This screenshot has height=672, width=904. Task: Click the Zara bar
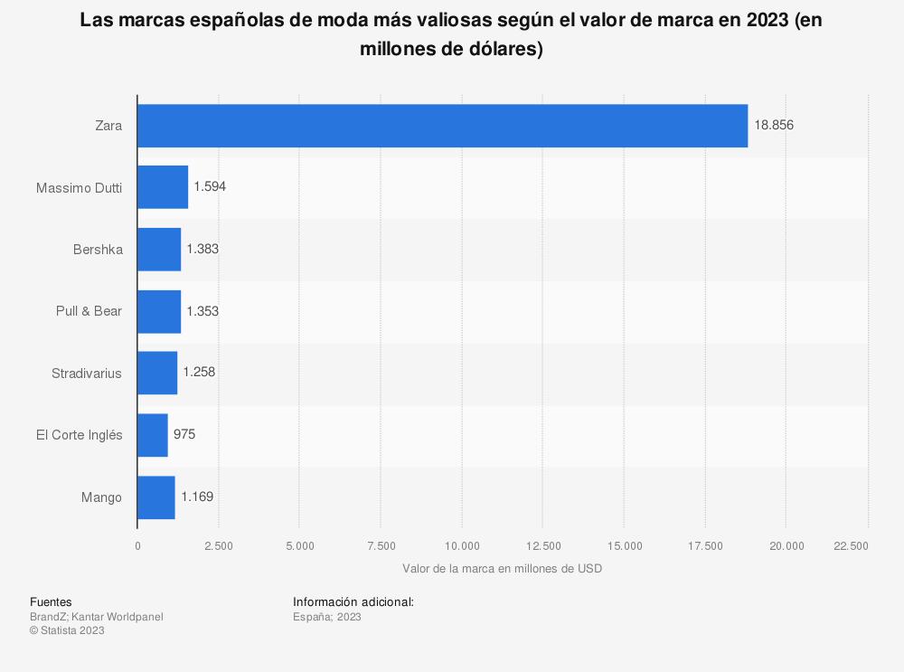point(442,126)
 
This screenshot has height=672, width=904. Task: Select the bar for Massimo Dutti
point(163,187)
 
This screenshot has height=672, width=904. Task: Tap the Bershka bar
point(159,249)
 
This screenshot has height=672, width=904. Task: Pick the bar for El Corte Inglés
point(153,435)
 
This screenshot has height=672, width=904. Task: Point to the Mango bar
point(156,497)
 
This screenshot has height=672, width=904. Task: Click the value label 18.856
point(774,126)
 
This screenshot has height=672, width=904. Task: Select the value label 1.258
point(199,373)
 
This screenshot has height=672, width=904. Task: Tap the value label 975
point(184,435)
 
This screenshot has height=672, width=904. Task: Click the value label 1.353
point(202,311)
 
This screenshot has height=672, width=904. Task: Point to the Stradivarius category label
point(87,373)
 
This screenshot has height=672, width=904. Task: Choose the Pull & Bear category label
point(89,311)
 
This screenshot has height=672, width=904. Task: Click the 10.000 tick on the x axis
point(462,545)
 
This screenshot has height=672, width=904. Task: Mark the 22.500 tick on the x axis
point(851,545)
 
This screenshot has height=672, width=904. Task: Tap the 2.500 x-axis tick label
point(219,545)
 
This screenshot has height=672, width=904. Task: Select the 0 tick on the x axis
point(137,545)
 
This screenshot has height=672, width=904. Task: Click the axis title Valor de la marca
point(502,569)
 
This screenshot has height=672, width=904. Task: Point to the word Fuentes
point(51,601)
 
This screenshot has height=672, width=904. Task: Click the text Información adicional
point(353,601)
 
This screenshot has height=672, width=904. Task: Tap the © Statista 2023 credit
point(67,631)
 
